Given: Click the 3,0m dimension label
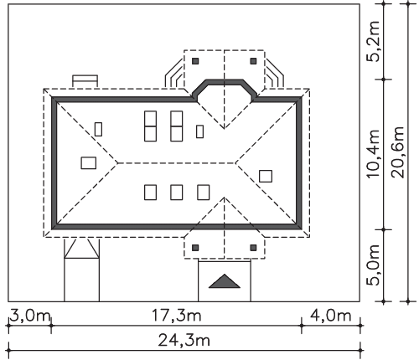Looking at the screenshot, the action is (30, 316).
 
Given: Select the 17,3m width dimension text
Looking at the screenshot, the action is (176, 316).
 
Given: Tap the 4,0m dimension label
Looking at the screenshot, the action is (330, 316).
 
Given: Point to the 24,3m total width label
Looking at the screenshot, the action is (184, 340).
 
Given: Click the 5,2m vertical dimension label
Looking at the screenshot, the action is (374, 41).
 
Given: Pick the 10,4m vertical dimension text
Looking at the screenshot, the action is (374, 153).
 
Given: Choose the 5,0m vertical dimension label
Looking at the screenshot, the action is (374, 265).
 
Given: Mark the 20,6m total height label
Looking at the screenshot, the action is (398, 152).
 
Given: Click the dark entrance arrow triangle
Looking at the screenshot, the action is (225, 281).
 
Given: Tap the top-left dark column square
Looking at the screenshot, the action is (195, 61).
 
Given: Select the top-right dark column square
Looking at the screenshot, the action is (253, 61).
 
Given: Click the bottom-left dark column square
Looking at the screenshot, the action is (195, 248).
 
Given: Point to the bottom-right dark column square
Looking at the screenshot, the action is (253, 248).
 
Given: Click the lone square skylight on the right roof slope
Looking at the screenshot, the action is (266, 176).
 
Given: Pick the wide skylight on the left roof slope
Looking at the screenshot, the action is (89, 163).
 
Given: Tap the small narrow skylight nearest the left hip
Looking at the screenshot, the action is (98, 129).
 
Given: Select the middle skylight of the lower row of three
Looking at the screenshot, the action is (177, 193).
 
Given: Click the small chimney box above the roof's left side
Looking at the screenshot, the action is (85, 81).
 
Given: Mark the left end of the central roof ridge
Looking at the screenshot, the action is (118, 163).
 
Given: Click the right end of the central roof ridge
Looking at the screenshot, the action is (235, 163).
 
